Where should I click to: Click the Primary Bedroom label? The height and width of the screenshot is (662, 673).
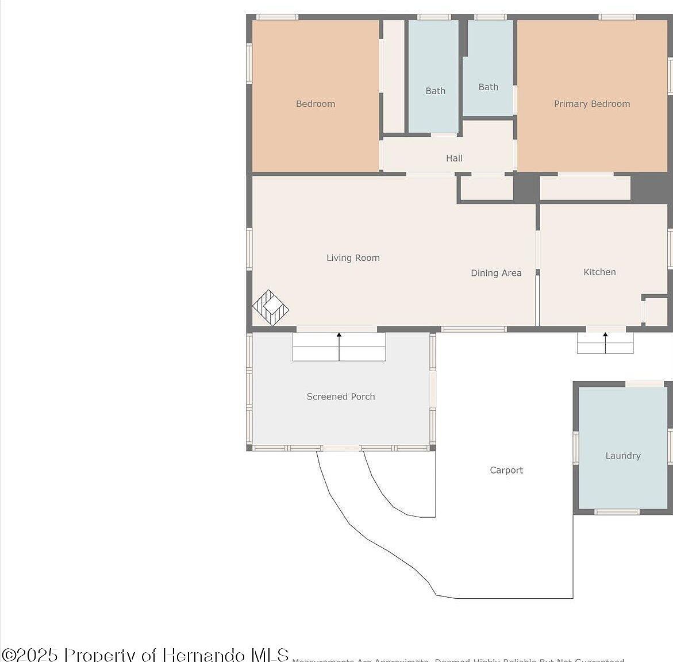[591, 104]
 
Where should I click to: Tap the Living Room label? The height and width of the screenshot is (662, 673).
[353, 258]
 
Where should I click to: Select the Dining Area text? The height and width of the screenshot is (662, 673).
[496, 273]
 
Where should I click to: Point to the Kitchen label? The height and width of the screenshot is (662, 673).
[599, 272]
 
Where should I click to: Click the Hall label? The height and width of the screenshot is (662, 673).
[454, 158]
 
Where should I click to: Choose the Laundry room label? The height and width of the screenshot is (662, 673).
[622, 456]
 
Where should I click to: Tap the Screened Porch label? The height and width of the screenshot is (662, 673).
[340, 397]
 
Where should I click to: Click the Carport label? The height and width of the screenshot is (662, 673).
[506, 470]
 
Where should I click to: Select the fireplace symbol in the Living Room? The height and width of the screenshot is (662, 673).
[270, 307]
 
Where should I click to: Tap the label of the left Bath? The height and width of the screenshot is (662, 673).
[435, 91]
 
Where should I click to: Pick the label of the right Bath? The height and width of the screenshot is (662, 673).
[488, 87]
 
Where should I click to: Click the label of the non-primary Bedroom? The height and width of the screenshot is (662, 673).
[315, 104]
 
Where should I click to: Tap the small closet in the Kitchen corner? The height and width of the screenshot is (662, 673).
[655, 312]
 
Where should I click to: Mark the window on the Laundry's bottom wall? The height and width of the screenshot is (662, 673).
[617, 511]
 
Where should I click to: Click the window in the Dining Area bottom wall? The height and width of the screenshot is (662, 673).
[474, 329]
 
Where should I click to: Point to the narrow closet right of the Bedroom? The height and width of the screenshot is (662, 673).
[394, 76]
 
